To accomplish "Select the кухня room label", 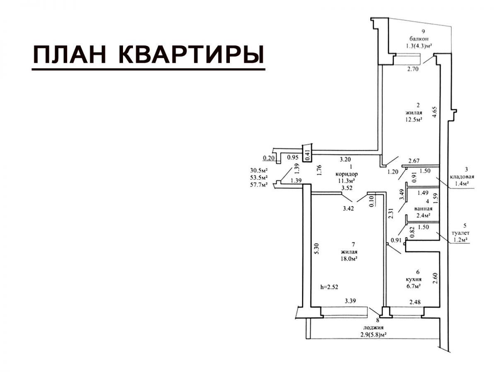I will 417,279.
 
